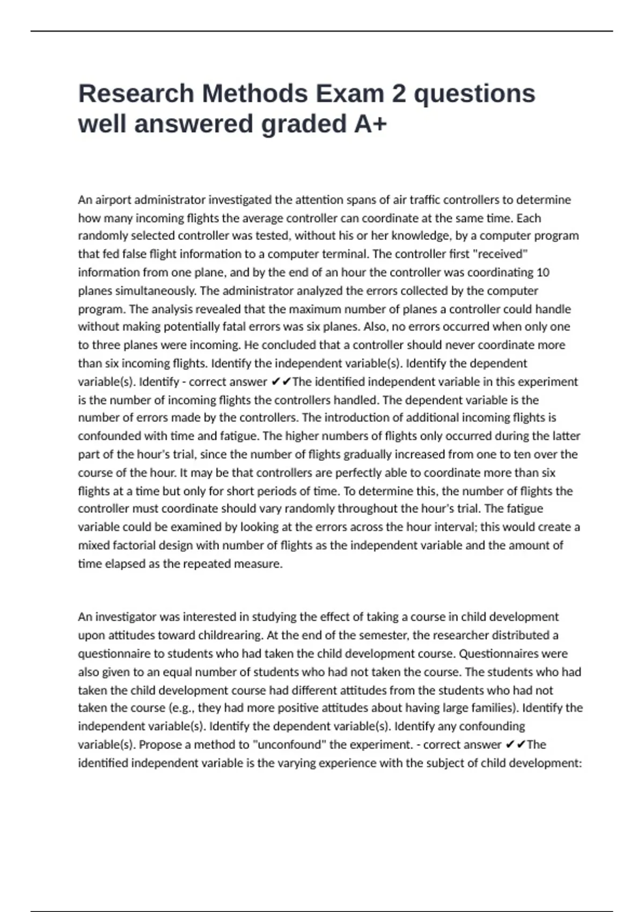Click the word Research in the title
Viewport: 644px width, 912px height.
(136, 93)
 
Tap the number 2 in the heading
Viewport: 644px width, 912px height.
(399, 93)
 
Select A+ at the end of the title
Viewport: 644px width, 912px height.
(370, 124)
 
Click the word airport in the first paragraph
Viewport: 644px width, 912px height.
(113, 200)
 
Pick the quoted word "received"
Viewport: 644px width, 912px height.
(502, 254)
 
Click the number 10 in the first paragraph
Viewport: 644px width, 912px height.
(543, 273)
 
